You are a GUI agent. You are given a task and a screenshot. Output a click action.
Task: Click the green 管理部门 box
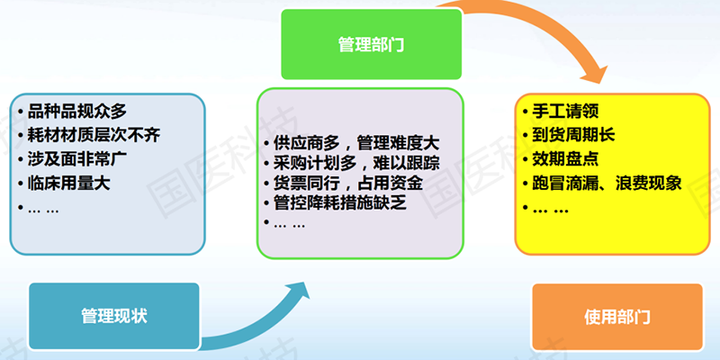coord(371,44)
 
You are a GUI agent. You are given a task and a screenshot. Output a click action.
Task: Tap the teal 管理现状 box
coord(114,316)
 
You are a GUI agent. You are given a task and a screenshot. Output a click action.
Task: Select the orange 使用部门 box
coord(617,317)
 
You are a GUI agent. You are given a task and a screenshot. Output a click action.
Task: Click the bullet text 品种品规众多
coord(76,111)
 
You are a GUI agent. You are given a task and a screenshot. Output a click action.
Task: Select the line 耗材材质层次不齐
coord(94,135)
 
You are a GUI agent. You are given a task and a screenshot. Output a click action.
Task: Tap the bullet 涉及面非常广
coord(77,159)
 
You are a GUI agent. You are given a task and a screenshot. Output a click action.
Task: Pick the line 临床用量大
coord(69,184)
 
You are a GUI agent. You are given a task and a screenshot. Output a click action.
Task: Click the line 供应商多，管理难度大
coord(356,143)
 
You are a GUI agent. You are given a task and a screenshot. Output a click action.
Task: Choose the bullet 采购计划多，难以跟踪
coord(356,163)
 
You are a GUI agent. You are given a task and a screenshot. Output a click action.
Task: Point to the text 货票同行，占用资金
coord(348,183)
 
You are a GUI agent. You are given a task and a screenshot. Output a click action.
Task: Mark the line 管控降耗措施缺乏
coord(340,202)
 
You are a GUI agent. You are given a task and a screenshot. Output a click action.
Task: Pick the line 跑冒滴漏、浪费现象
coord(607,184)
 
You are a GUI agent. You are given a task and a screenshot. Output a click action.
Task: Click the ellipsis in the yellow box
coord(551,211)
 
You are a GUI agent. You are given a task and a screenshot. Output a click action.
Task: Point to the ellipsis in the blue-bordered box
coord(43,211)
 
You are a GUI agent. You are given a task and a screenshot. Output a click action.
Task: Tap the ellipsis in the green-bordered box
coord(289,226)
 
